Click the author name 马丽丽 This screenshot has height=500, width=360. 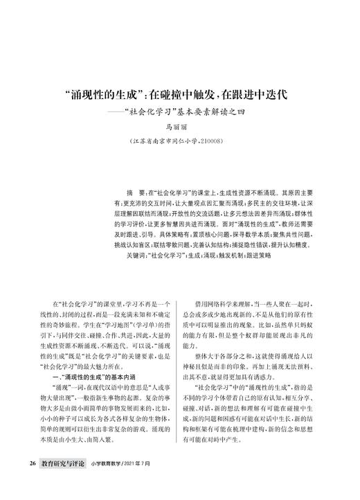179,127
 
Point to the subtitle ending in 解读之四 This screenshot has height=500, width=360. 190,111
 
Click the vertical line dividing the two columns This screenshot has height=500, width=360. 180,367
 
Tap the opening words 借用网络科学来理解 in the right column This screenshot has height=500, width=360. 222,305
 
